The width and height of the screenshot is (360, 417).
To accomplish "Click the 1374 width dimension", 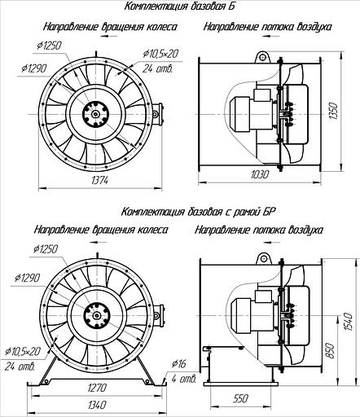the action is click(x=100, y=180).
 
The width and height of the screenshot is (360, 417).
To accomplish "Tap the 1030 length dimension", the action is click(x=260, y=174).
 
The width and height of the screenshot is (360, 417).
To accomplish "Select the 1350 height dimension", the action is click(x=334, y=112).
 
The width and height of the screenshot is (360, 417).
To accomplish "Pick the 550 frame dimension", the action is click(x=240, y=398).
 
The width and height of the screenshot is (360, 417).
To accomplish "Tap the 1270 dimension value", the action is click(x=97, y=388).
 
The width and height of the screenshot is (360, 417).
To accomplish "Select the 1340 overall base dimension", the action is click(x=97, y=405).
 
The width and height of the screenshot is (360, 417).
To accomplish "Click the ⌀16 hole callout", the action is click(x=179, y=363).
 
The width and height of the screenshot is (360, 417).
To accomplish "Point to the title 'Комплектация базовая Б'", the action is click(x=179, y=7).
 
